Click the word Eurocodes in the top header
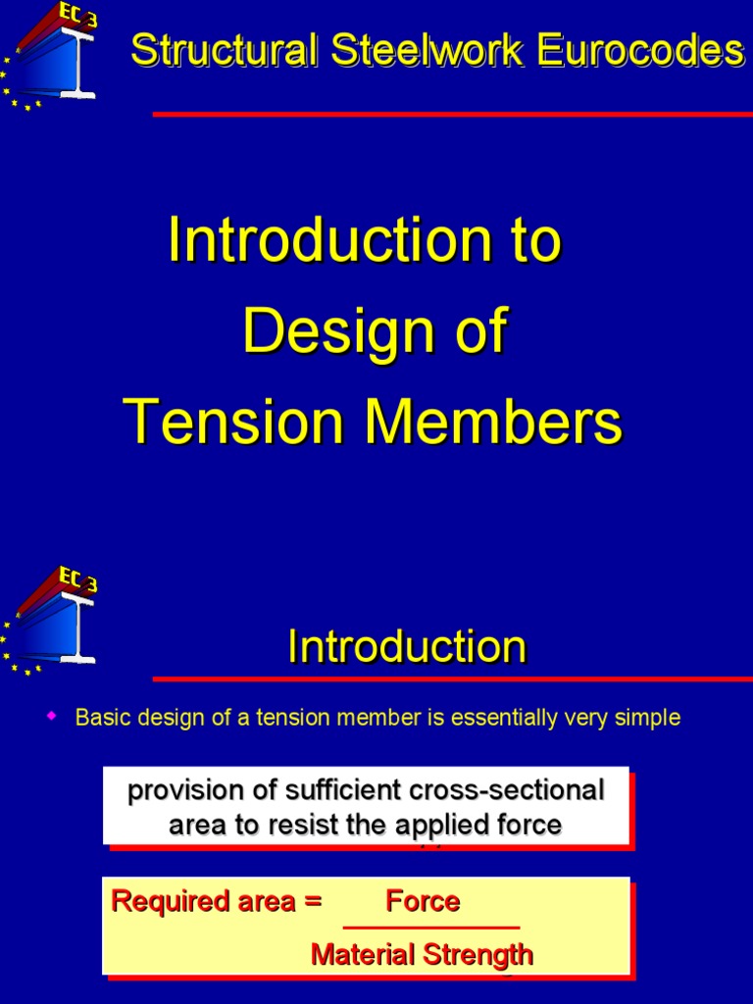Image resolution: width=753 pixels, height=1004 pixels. pos(659,50)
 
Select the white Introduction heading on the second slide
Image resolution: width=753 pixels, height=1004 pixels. pos(407,647)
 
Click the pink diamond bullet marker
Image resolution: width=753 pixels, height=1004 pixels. pos(54,717)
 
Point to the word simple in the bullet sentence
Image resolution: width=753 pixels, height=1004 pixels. pos(645,718)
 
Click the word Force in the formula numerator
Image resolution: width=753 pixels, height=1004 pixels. pos(423,901)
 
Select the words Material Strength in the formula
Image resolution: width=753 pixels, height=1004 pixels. pos(422,954)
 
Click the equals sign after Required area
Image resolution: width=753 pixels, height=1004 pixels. pos(313,902)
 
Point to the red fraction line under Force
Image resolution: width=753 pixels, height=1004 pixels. pos(430,928)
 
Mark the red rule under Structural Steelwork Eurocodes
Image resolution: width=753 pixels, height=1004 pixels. pos(452,115)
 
